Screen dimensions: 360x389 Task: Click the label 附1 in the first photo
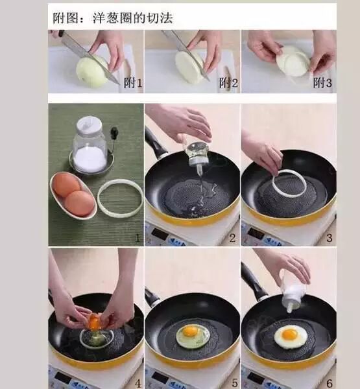tap(133, 82)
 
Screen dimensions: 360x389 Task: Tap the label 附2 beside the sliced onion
tap(228, 82)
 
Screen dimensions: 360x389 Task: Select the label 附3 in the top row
tap(322, 82)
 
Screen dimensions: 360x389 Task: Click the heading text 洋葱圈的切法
tap(132, 18)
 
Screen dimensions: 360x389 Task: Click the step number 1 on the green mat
tap(138, 239)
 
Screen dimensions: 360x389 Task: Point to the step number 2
tap(232, 239)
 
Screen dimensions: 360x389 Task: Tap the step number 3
tap(330, 238)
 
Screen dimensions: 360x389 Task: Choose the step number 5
tap(235, 383)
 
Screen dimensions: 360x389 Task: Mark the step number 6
tap(330, 384)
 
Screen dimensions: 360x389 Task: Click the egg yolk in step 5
tap(190, 331)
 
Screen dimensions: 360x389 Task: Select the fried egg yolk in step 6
tap(289, 334)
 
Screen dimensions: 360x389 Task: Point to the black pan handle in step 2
tap(155, 143)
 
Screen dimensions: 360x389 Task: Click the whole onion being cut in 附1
tap(92, 71)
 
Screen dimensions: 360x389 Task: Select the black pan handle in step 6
tap(253, 281)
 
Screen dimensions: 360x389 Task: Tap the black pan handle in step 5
tap(152, 297)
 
